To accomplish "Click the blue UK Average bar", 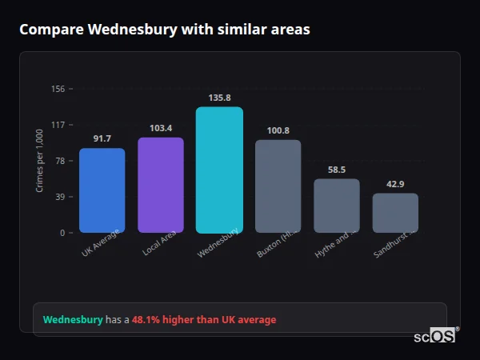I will click(x=102, y=190).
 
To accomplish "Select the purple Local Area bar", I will click(x=161, y=185).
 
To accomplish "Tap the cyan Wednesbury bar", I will click(x=219, y=170).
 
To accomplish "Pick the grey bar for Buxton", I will click(x=278, y=186).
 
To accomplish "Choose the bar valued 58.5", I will click(x=337, y=206).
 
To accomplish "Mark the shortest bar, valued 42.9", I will click(x=395, y=213).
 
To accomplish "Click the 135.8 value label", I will click(x=219, y=98).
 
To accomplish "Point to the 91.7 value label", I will click(x=102, y=139).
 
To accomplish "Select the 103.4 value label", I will click(x=161, y=128).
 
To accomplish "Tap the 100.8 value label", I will click(x=278, y=130).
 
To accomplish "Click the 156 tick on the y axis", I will click(x=58, y=89).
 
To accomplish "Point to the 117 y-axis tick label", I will click(x=58, y=125).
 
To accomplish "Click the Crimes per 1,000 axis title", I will click(x=40, y=161).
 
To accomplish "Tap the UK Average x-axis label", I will click(x=101, y=242).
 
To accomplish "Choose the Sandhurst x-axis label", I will click(x=393, y=244).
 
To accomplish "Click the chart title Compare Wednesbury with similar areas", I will click(x=165, y=30).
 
